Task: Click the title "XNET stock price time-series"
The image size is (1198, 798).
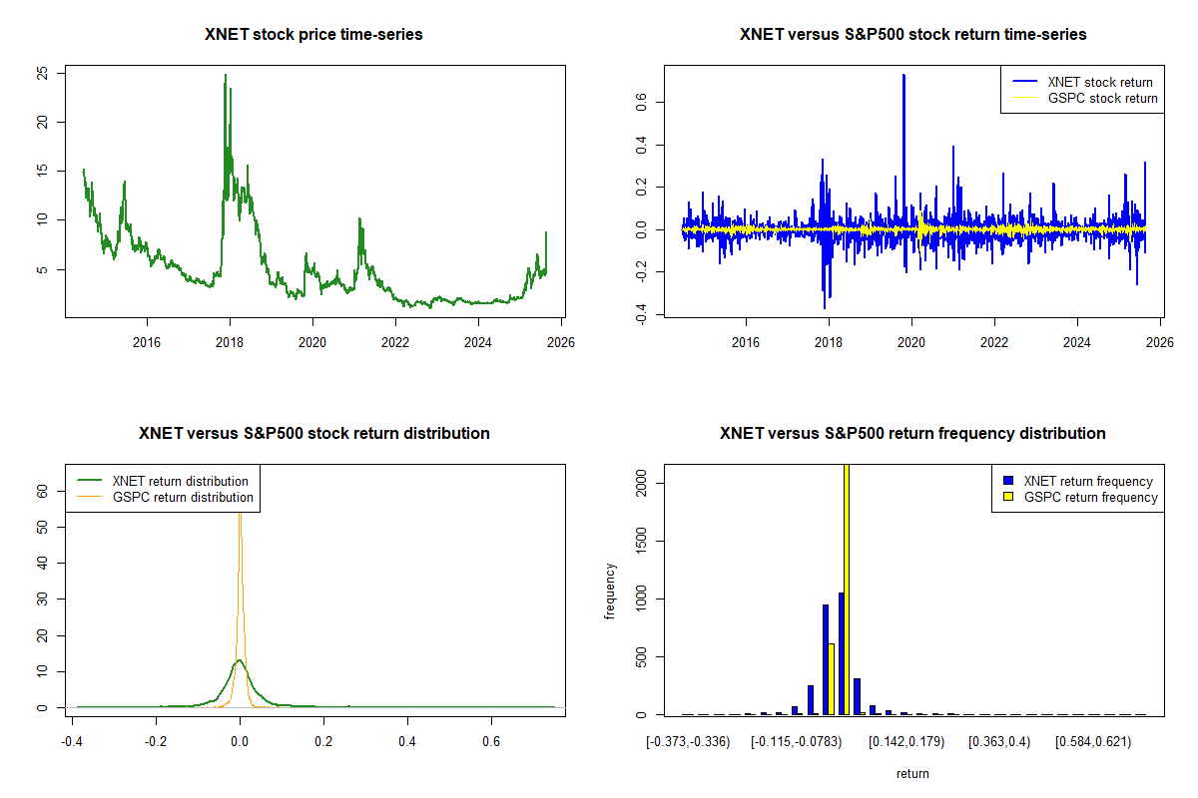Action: tap(313, 35)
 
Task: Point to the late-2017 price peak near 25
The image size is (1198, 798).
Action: tap(225, 75)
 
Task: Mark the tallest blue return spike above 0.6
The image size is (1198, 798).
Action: tap(903, 75)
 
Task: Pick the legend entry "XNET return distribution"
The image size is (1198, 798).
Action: tap(180, 481)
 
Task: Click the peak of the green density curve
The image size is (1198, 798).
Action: tap(239, 660)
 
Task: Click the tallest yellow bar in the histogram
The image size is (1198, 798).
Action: tap(847, 589)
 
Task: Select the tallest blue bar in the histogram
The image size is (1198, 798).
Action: tap(842, 653)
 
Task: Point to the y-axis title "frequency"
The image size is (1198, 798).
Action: tap(610, 591)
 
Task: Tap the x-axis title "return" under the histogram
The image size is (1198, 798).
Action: tap(912, 773)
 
